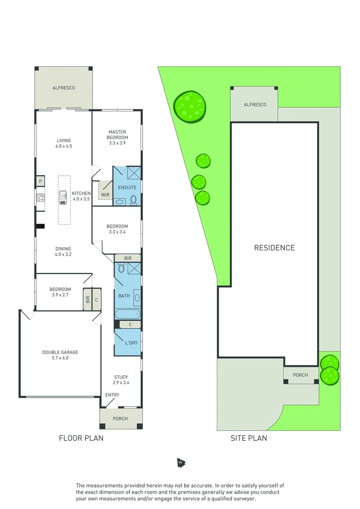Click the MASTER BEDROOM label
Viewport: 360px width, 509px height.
tap(118, 135)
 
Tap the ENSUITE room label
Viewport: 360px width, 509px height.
tap(127, 187)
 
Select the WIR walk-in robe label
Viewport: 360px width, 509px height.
tap(105, 195)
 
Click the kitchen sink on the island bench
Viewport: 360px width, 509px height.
tap(64, 198)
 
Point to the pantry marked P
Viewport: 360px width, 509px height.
tap(40, 182)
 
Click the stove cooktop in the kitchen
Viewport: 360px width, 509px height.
tap(40, 198)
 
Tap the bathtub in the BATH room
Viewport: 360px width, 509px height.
tap(127, 314)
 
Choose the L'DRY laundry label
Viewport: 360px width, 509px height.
tap(131, 343)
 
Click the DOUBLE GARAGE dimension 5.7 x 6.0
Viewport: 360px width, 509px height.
tap(60, 358)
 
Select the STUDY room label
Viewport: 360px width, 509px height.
tap(121, 377)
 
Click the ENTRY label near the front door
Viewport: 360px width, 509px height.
tap(112, 395)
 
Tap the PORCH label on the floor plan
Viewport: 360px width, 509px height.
tap(120, 419)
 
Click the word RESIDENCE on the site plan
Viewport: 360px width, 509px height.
tap(274, 248)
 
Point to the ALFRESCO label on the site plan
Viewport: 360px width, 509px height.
tap(255, 104)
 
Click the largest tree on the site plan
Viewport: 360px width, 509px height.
tap(190, 106)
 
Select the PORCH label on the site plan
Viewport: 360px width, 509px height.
tap(300, 375)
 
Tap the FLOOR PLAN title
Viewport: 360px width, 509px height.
tap(81, 438)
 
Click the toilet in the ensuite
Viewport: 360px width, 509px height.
tap(133, 200)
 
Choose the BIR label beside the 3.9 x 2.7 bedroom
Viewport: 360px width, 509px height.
tap(88, 299)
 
